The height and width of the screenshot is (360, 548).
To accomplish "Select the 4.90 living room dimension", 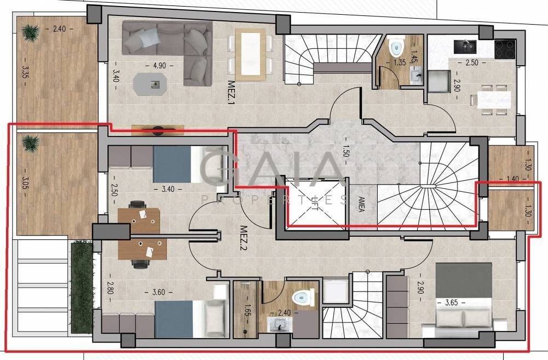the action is click(x=159, y=65).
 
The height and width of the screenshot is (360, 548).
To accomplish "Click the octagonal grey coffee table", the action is click(x=151, y=84).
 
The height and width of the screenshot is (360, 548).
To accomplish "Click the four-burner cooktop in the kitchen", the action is click(x=505, y=49).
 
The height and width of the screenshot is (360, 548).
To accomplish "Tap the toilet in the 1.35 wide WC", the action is click(x=396, y=48).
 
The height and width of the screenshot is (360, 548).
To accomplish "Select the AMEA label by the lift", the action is click(x=361, y=204).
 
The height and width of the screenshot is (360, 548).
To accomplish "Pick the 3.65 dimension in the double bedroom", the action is click(x=451, y=302).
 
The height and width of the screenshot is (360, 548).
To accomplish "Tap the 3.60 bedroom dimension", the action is click(x=158, y=292).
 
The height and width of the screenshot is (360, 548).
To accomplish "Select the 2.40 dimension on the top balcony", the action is click(x=59, y=29).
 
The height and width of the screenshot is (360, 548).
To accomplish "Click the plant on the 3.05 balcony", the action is click(x=31, y=143).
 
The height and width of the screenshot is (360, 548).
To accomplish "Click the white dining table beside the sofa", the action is click(x=250, y=54).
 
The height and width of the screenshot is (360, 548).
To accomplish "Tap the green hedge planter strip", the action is click(x=82, y=288).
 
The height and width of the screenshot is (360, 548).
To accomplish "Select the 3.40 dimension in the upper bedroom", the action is click(x=168, y=189).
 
